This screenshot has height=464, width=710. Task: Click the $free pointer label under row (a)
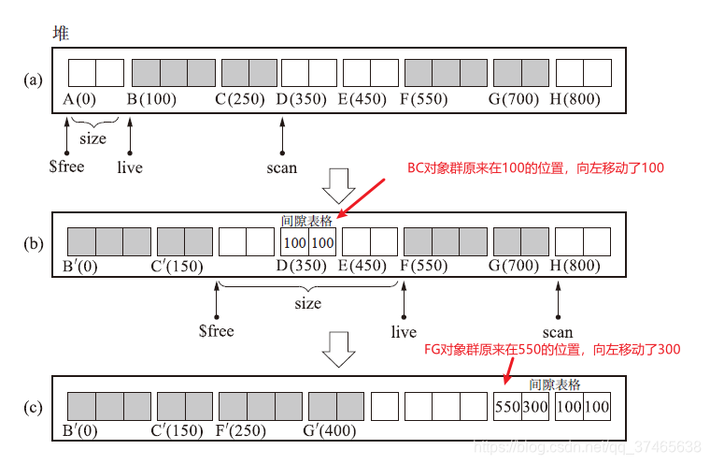tap(66, 167)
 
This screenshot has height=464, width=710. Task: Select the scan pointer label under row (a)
tap(281, 168)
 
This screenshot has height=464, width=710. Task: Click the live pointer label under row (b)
tap(404, 332)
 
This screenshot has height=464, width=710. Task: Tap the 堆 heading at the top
tap(61, 33)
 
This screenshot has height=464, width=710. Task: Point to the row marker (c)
tap(34, 407)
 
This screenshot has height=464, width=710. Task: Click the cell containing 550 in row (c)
tap(507, 407)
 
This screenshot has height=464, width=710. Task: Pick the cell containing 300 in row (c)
tap(534, 407)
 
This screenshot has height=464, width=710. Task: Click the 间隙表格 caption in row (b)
tap(306, 222)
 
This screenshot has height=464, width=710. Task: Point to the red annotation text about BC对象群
tap(534, 168)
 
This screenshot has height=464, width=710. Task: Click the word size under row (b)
tap(307, 303)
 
